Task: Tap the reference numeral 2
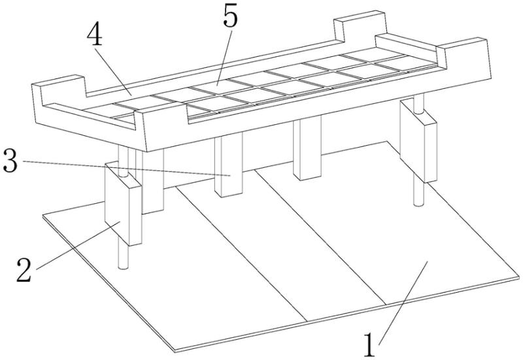(24, 270)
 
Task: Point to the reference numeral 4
(94, 35)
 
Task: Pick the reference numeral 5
(231, 15)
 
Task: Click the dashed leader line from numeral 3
(127, 168)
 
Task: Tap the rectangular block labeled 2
(123, 203)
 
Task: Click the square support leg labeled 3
(228, 165)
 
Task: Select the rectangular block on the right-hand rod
(418, 141)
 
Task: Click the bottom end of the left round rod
(123, 267)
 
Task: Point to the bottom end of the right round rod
(418, 203)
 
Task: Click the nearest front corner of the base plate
(175, 352)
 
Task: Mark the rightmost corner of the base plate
(520, 277)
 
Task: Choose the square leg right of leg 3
(307, 148)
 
